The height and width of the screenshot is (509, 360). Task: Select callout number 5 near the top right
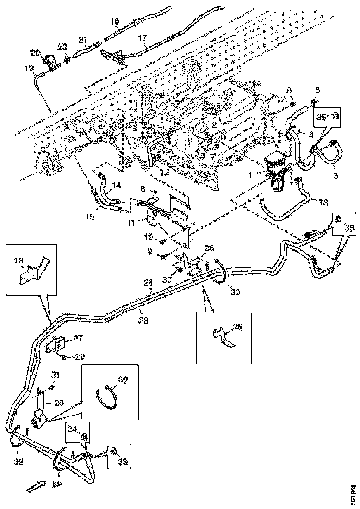pos(317,90)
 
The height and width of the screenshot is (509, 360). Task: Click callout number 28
pos(59,403)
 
